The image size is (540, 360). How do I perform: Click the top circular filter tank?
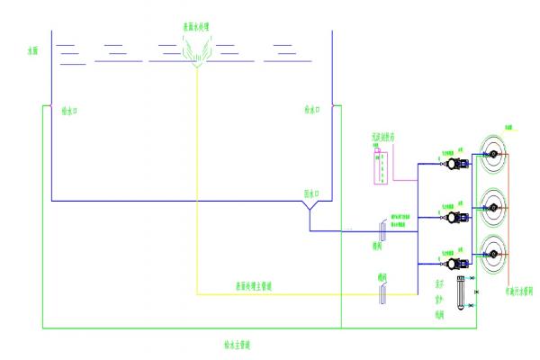point(493,155)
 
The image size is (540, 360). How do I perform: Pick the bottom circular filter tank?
point(493,255)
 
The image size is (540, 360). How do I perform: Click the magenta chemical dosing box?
point(381,165)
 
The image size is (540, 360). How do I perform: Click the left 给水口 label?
point(71,112)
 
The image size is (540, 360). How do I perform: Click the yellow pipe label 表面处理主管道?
point(253,286)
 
